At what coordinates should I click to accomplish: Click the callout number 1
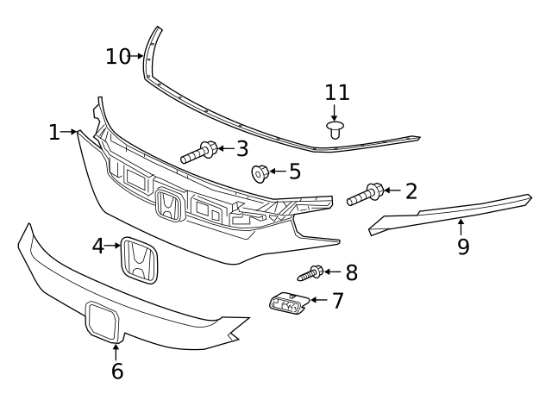tap(54, 133)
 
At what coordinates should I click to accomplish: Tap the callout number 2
tap(411, 191)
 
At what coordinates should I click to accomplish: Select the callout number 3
tap(241, 149)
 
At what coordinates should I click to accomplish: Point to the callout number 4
tap(98, 247)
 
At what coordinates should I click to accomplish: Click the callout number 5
tap(294, 172)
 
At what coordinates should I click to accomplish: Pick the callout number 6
tap(117, 372)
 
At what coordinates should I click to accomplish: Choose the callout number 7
tap(337, 301)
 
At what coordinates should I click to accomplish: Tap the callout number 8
tap(351, 273)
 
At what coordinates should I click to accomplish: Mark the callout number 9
tap(463, 247)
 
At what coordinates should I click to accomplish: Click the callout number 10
tap(118, 57)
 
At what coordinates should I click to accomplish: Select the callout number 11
tap(337, 93)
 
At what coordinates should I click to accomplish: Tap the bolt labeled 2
tap(365, 196)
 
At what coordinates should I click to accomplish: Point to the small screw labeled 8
tap(310, 274)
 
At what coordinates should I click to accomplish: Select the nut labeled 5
tap(258, 173)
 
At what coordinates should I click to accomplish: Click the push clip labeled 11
tap(336, 130)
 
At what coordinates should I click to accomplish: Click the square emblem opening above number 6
tap(103, 321)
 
